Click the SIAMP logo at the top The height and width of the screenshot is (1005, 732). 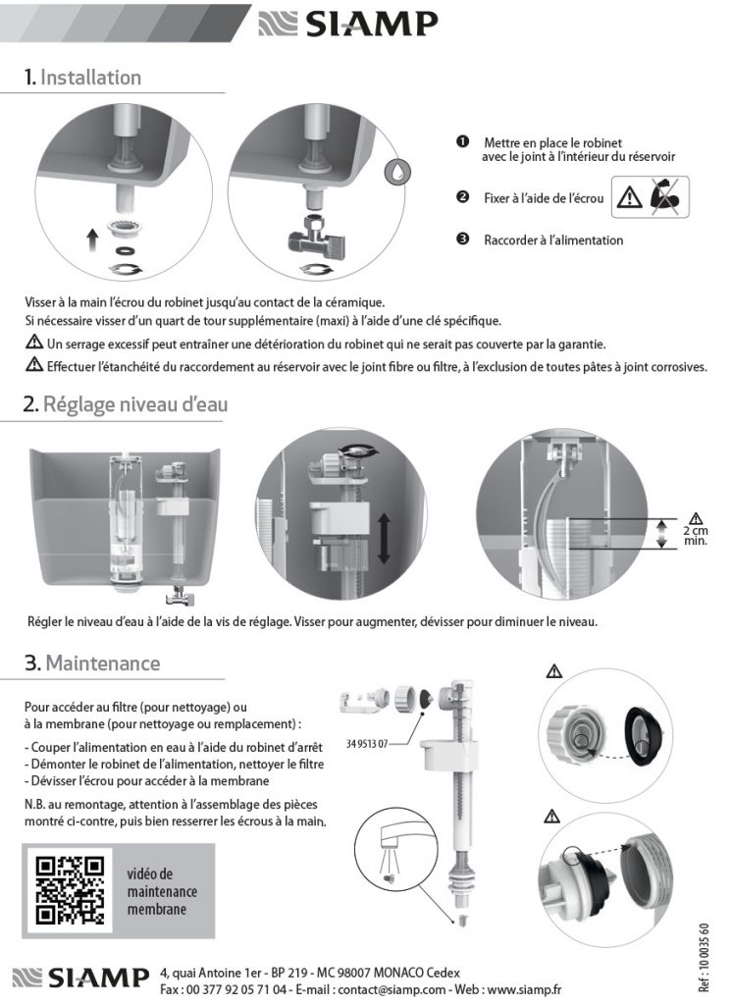[347, 25]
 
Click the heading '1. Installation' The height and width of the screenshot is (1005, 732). [83, 78]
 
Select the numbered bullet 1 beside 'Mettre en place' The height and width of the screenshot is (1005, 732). [461, 142]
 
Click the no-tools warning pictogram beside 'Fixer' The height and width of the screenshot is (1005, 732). [651, 197]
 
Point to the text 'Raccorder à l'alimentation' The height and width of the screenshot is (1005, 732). [553, 239]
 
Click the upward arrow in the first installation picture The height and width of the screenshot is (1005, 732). [91, 238]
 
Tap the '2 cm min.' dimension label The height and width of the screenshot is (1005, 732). [695, 531]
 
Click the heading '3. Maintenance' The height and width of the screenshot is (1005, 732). [92, 663]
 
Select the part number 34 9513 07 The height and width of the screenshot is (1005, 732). [369, 743]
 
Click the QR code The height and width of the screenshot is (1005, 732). [69, 891]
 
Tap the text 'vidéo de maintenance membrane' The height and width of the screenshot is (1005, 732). [162, 891]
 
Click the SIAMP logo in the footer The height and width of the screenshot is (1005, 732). [83, 979]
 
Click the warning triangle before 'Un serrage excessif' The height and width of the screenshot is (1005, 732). [33, 344]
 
